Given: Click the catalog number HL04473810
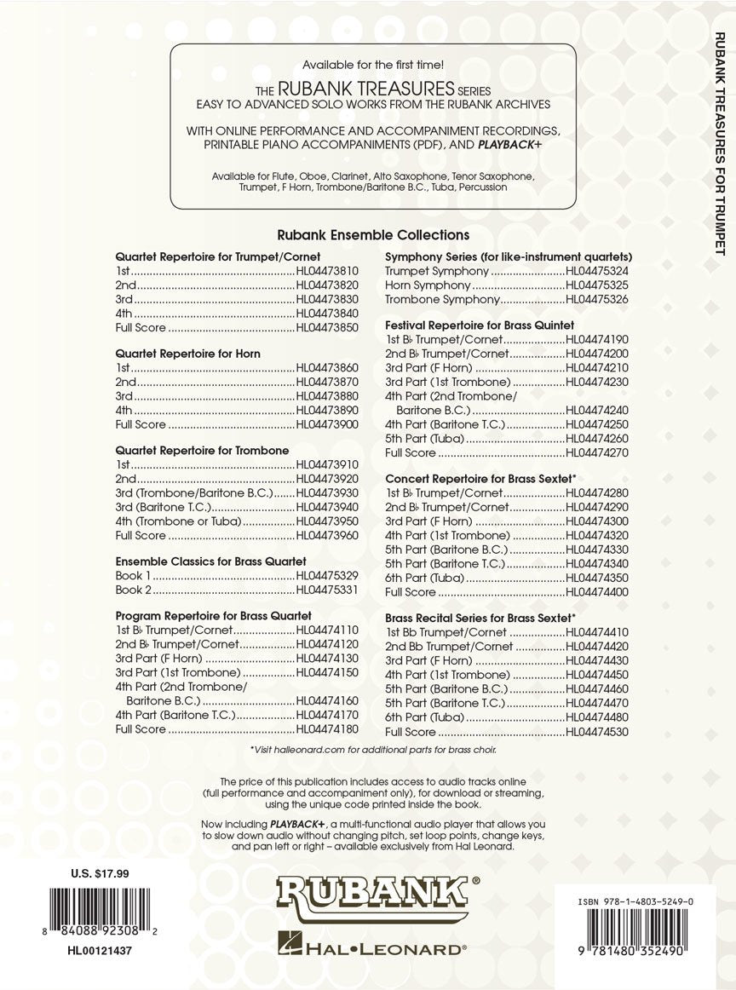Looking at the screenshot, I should pos(328,270).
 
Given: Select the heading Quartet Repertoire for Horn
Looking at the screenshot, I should pos(188,353).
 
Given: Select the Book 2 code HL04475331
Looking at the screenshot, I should pos(328,590).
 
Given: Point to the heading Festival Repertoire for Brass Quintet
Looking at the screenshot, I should pos(480,325).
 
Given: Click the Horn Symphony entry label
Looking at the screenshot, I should pos(428,285).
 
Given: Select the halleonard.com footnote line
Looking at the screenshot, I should pos(373,750).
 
